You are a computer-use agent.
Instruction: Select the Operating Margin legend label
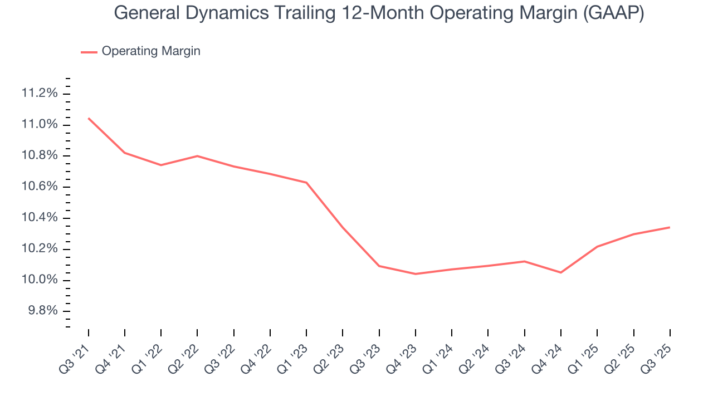(151, 51)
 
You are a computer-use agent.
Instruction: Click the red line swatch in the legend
(89, 52)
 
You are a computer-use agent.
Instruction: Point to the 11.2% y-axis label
(40, 93)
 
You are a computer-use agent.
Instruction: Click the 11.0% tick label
(40, 124)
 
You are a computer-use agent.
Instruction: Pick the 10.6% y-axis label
(40, 187)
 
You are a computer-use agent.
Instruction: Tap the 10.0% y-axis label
(40, 280)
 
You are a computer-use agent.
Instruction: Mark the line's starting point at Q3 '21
(89, 118)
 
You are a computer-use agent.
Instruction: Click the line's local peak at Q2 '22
(198, 156)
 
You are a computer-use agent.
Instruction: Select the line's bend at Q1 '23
(306, 183)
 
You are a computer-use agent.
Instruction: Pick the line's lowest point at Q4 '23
(416, 274)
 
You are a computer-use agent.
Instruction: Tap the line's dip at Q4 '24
(560, 272)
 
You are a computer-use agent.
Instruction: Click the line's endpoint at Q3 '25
(670, 227)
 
